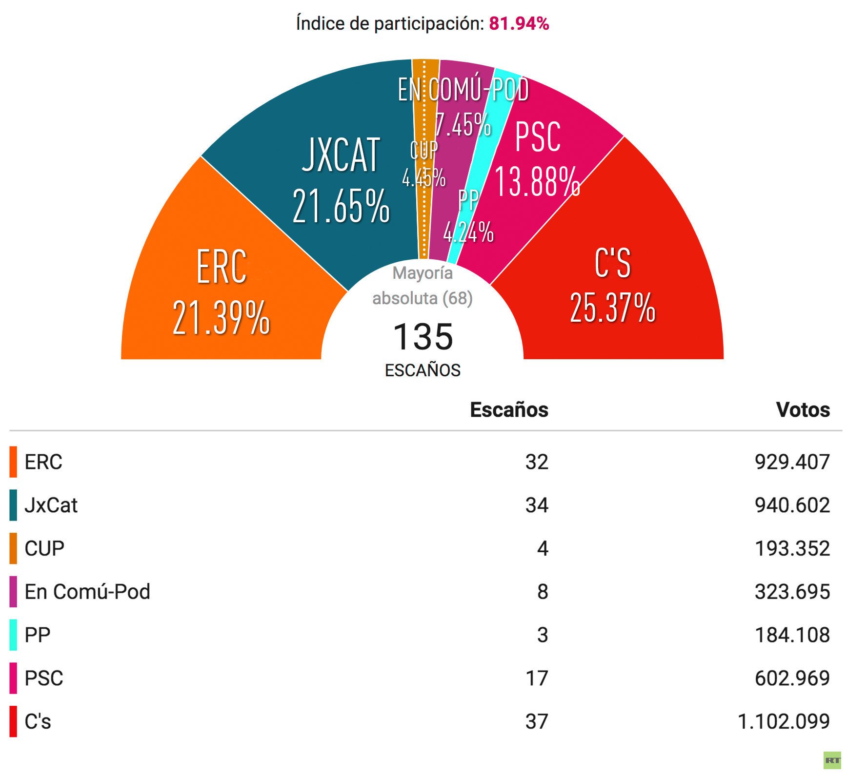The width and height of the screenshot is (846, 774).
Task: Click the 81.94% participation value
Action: pos(519,23)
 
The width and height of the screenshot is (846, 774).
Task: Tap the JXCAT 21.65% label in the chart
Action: pos(341,180)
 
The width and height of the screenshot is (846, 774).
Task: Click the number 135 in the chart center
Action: pos(423,337)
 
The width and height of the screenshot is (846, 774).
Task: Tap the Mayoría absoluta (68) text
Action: pos(423,286)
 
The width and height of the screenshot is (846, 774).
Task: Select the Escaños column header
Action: pos(509,410)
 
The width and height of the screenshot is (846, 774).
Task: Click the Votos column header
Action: pos(803,410)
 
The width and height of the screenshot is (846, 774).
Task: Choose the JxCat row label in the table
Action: pos(51,505)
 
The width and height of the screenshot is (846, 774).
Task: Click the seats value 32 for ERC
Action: pos(537,462)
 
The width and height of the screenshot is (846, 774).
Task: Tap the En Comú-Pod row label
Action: pos(87,592)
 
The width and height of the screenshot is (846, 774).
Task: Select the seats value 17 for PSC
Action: pos(537,678)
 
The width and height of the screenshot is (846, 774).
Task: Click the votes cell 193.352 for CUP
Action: pos(792,549)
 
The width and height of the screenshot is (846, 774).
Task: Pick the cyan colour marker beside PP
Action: pos(13,635)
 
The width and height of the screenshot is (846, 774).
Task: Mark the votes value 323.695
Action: pos(792,592)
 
